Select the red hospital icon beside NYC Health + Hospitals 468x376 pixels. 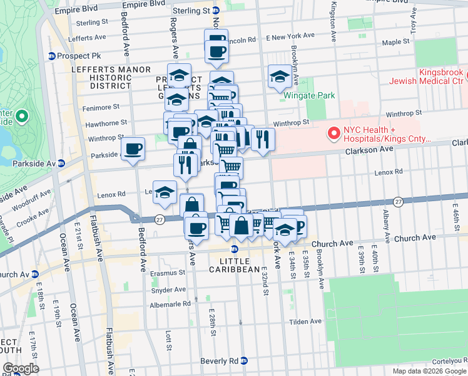(x=333, y=133)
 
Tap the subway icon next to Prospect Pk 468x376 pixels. (x=52, y=56)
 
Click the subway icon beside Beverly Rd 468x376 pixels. (x=245, y=361)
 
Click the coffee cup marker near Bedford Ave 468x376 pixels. (x=133, y=149)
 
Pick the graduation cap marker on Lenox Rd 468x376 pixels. (x=165, y=192)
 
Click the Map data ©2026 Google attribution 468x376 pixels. (x=429, y=371)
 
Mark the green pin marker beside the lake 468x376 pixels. (x=22, y=117)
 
